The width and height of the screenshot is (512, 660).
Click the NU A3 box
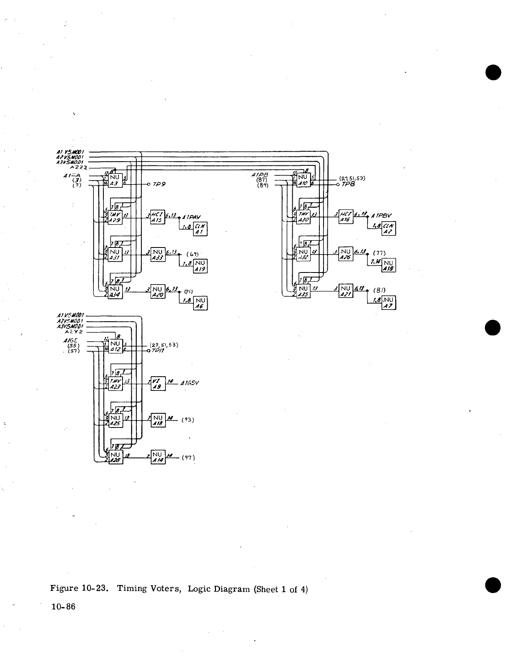[115, 180]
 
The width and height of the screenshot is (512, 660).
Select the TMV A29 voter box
[115, 217]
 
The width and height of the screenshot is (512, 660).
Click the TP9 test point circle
[148, 184]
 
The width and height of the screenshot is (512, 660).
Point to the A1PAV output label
[192, 217]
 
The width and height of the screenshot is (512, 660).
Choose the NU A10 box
[303, 180]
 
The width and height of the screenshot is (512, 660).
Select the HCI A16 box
[346, 217]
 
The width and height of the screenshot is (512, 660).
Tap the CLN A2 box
[389, 229]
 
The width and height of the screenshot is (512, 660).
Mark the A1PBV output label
[381, 216]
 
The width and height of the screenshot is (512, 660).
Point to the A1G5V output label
[190, 384]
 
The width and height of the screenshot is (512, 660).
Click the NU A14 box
[158, 457]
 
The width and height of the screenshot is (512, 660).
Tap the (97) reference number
[189, 457]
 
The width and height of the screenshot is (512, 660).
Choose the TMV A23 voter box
[115, 384]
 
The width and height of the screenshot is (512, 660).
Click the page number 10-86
[63, 607]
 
